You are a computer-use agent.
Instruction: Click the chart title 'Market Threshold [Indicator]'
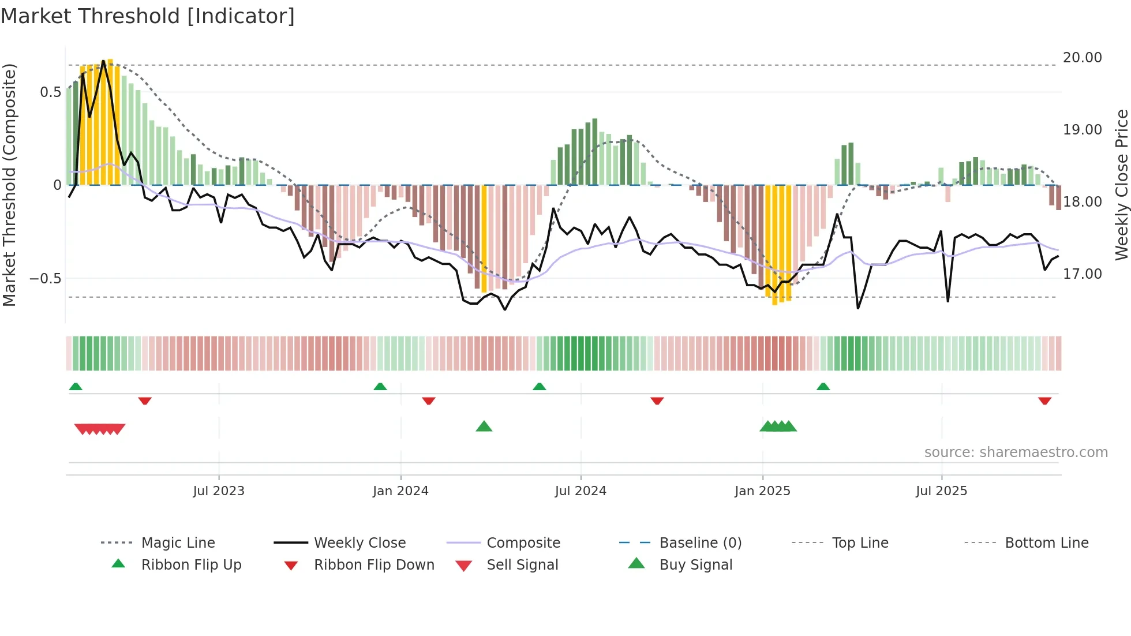148,16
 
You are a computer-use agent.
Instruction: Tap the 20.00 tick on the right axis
1082,58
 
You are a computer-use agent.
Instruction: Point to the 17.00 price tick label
1082,274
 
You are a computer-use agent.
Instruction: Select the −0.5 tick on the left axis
45,279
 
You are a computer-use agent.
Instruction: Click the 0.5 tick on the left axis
50,92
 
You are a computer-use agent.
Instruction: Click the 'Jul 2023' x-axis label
219,491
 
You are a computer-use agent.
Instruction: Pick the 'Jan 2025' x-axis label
762,491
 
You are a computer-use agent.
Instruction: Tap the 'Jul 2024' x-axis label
581,491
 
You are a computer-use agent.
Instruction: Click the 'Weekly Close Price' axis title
1121,185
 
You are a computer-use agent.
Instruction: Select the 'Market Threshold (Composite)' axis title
9,185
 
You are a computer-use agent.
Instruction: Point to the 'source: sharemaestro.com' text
1016,452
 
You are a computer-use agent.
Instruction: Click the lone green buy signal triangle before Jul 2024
484,427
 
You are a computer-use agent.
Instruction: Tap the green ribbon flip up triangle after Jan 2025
823,387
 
